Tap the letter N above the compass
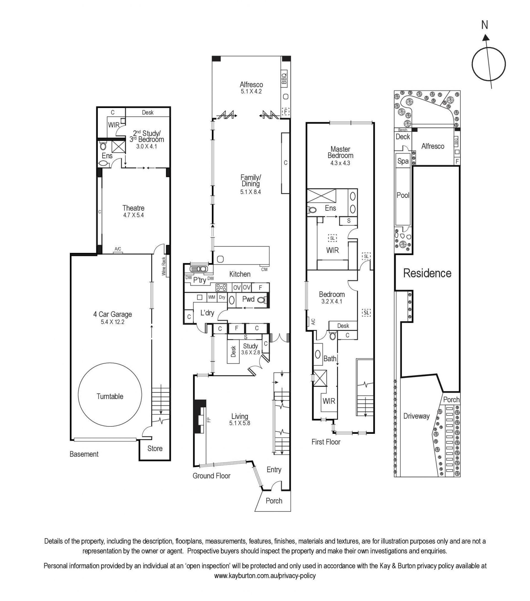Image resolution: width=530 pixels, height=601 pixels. [x=484, y=25]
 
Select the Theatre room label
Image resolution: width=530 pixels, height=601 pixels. [x=133, y=208]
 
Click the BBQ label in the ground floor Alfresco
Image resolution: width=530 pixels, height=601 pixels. [x=284, y=78]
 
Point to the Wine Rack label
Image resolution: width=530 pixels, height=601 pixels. [x=164, y=266]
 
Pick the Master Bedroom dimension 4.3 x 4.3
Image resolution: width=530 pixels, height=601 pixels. [x=340, y=163]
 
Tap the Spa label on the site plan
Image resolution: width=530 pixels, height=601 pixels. [x=403, y=161]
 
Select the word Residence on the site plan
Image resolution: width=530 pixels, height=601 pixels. [x=427, y=273]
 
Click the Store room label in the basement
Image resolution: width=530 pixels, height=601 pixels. [x=155, y=448]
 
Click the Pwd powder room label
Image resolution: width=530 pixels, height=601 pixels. [x=248, y=299]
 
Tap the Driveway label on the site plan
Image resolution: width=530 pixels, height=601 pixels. [x=416, y=416]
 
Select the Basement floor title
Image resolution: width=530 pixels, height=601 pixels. [x=84, y=454]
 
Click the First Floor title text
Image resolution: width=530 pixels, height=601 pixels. [x=326, y=442]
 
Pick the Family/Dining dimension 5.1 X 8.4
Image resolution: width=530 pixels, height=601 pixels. [x=251, y=192]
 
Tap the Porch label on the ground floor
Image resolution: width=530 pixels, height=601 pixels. [x=274, y=501]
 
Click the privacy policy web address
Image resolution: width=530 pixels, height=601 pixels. [x=265, y=584]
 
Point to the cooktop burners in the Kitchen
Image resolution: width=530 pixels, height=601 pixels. [x=221, y=287]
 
